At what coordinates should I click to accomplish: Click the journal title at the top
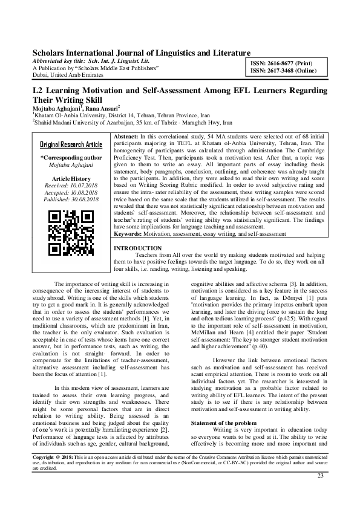(141, 54)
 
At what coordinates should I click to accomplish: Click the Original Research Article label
(71, 145)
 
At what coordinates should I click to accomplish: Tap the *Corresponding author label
(71, 157)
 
